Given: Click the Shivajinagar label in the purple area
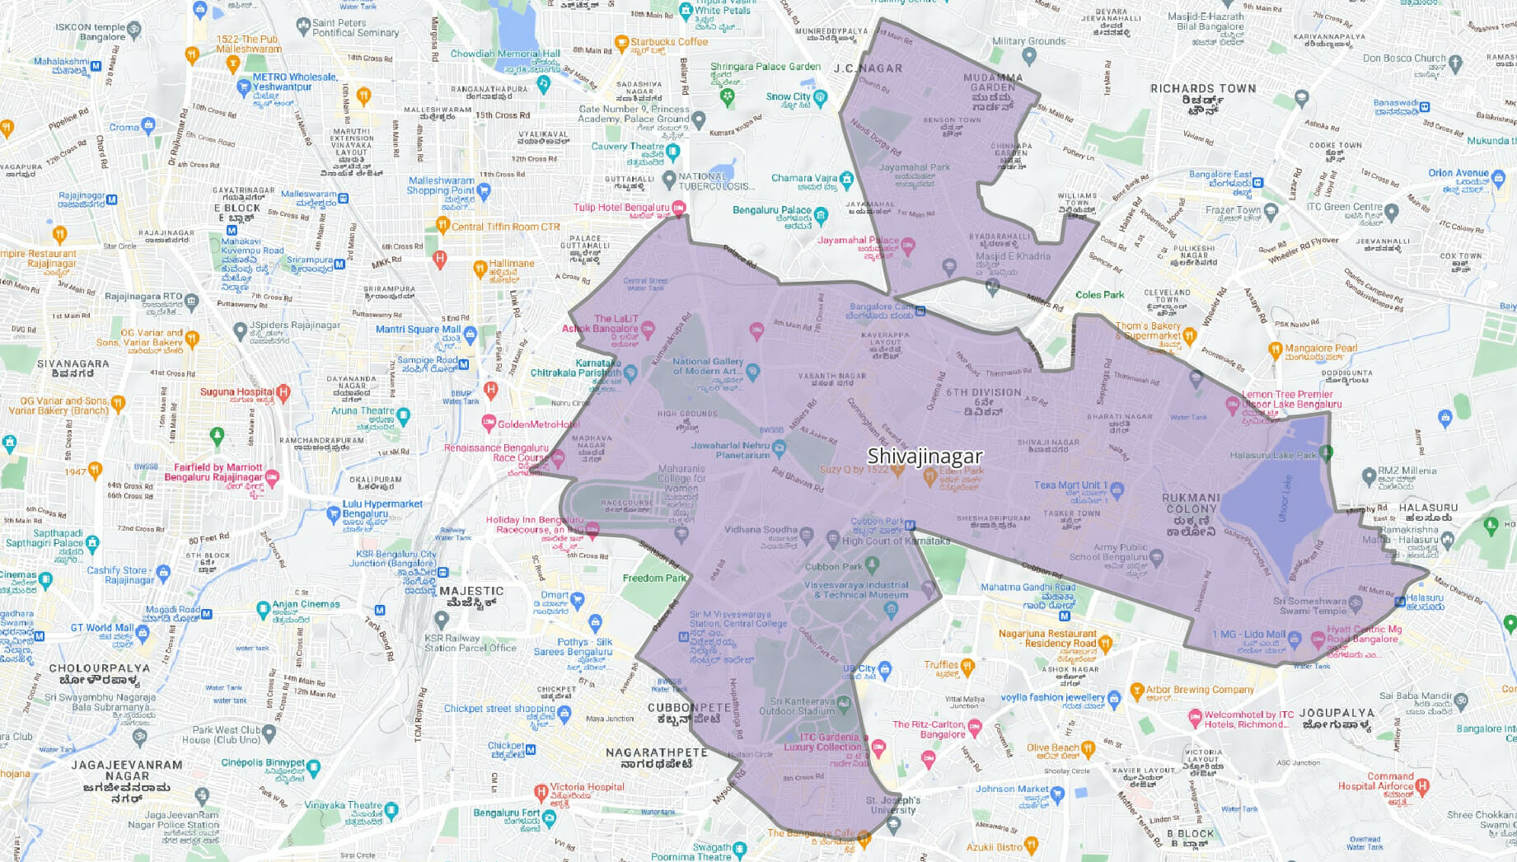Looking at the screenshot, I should [x=925, y=456].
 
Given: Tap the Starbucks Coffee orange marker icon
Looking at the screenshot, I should [x=622, y=42].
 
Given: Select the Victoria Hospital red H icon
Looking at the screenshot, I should [x=541, y=793].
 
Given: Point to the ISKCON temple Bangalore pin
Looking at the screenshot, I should [x=134, y=30].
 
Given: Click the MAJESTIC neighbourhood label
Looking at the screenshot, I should [x=471, y=591].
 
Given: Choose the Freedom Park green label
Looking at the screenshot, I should [x=654, y=578].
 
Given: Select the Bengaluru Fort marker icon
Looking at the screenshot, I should [x=550, y=817].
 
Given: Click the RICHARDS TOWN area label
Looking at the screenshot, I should [x=1203, y=89].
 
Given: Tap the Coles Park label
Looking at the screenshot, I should [x=1099, y=294].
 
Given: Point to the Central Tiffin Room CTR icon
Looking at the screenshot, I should [x=442, y=225].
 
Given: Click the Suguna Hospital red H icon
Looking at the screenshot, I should [x=283, y=392].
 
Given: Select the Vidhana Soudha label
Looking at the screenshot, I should [x=761, y=530].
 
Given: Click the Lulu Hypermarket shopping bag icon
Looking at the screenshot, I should [x=334, y=514].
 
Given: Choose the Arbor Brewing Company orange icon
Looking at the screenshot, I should [x=1137, y=691].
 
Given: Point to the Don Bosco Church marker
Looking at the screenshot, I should [x=1455, y=62].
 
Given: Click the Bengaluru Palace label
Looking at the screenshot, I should [x=772, y=210].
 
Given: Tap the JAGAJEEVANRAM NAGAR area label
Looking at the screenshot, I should [x=127, y=771].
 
